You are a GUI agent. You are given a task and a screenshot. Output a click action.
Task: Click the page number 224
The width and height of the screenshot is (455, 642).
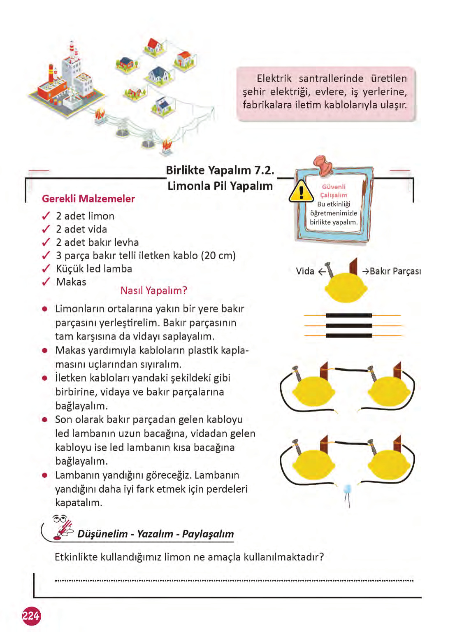[31, 616]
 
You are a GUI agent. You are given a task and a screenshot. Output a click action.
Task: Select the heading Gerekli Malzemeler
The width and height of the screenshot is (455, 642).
[88, 199]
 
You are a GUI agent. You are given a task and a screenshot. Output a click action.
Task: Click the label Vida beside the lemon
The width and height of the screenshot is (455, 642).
[305, 271]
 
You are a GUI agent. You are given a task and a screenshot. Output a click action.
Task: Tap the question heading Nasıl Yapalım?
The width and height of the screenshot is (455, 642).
[153, 291]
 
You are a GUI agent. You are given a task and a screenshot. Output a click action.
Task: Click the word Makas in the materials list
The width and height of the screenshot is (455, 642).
[71, 282]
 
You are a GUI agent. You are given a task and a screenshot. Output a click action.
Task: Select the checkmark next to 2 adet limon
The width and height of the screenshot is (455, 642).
[46, 216]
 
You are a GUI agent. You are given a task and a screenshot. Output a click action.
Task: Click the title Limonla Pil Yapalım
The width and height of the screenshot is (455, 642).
[220, 186]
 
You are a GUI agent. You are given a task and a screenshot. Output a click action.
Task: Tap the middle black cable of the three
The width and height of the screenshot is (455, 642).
[349, 326]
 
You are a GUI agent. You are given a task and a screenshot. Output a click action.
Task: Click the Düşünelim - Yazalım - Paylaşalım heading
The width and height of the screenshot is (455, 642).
[156, 534]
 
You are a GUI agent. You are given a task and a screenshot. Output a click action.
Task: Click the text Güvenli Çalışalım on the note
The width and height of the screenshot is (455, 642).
[334, 191]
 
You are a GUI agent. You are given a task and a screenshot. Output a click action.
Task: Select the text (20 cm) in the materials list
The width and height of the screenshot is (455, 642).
[218, 256]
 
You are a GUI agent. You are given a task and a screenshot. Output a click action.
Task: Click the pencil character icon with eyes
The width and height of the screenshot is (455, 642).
[62, 527]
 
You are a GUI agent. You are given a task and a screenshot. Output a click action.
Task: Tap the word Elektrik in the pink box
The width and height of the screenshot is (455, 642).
[274, 79]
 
